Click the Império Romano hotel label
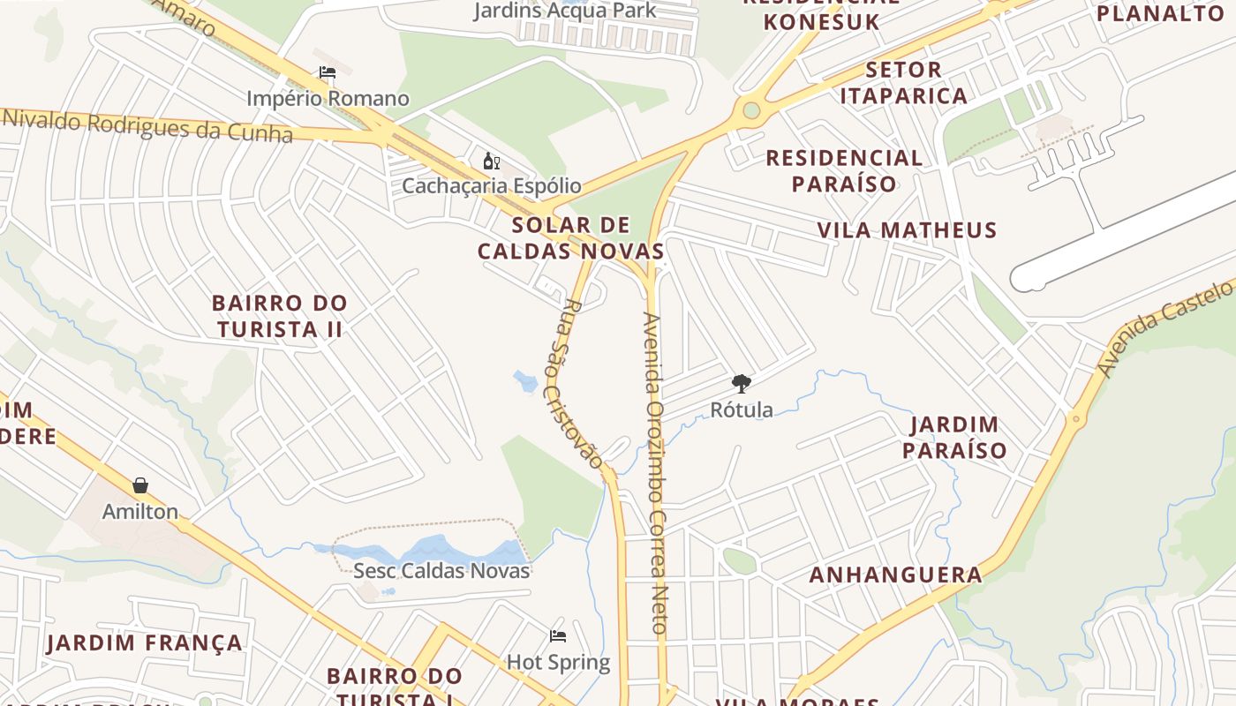coord(328,98)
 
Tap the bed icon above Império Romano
coord(328,72)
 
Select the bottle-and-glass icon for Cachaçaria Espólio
coord(492,161)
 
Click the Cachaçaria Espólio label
coord(492,185)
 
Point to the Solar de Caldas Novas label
coord(570,237)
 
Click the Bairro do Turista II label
coord(279,316)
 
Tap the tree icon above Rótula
coord(742,383)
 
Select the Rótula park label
coord(742,409)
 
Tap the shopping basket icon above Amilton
coord(140,485)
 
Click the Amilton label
coord(140,511)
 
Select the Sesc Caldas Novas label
coord(441,570)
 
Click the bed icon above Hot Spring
coord(558,635)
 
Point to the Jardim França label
coord(145,642)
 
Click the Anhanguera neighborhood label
coord(895,575)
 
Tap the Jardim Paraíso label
coord(958,438)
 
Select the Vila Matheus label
coord(907,230)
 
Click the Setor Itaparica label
coord(903,82)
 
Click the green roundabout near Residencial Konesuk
coord(751,110)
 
